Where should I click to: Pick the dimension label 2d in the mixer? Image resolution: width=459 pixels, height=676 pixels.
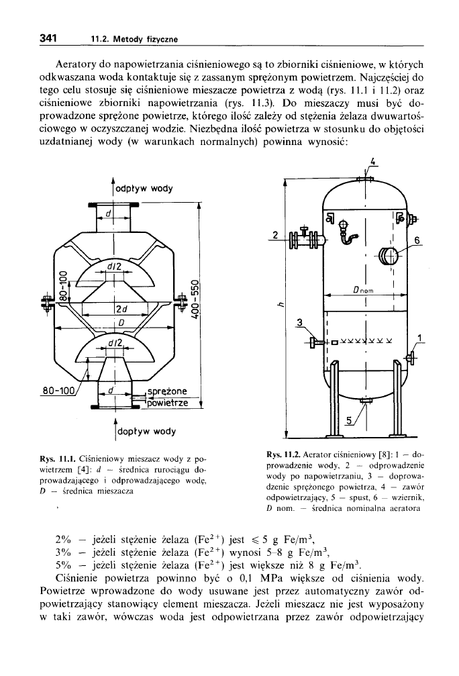click(121, 309)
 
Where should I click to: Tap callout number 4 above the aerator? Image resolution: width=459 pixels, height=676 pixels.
click(373, 161)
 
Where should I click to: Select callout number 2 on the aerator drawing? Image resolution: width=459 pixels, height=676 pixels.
click(276, 234)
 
